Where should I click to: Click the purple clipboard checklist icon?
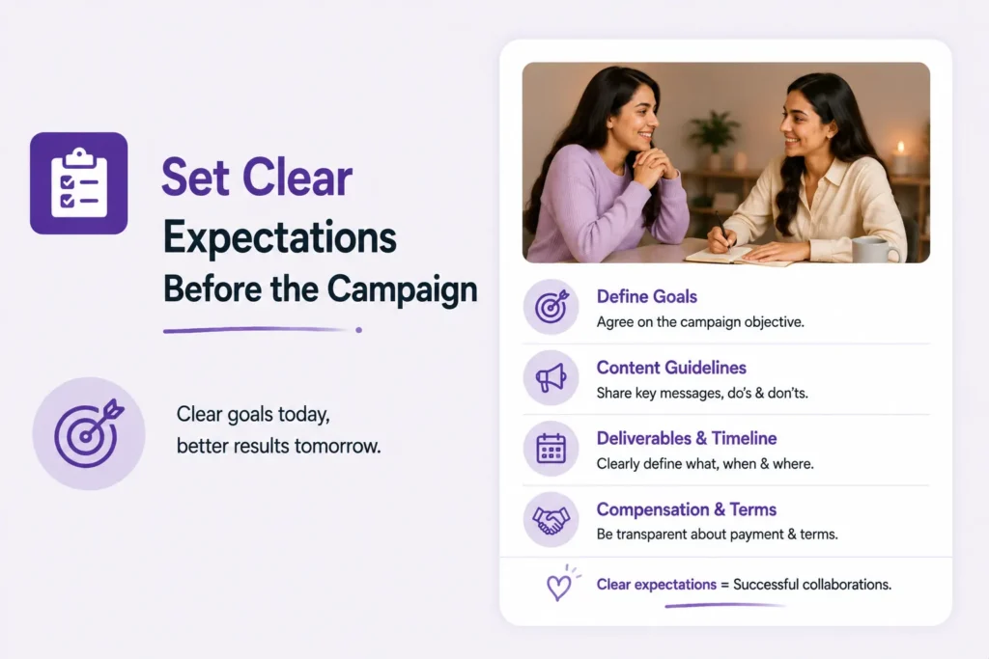(79, 182)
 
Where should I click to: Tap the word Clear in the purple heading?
(297, 177)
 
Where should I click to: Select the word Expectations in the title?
(280, 237)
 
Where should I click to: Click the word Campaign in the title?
(403, 289)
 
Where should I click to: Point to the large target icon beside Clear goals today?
(89, 433)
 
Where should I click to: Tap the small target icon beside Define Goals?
(551, 307)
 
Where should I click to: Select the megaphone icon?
(551, 378)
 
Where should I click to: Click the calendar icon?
(551, 449)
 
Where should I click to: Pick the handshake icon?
(551, 520)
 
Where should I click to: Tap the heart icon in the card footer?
(560, 585)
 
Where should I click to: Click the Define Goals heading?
(647, 297)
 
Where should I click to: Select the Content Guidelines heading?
(672, 368)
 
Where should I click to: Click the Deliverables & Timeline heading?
(687, 438)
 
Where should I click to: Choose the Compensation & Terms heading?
(687, 509)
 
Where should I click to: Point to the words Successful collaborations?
(812, 585)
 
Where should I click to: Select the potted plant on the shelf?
(715, 134)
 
